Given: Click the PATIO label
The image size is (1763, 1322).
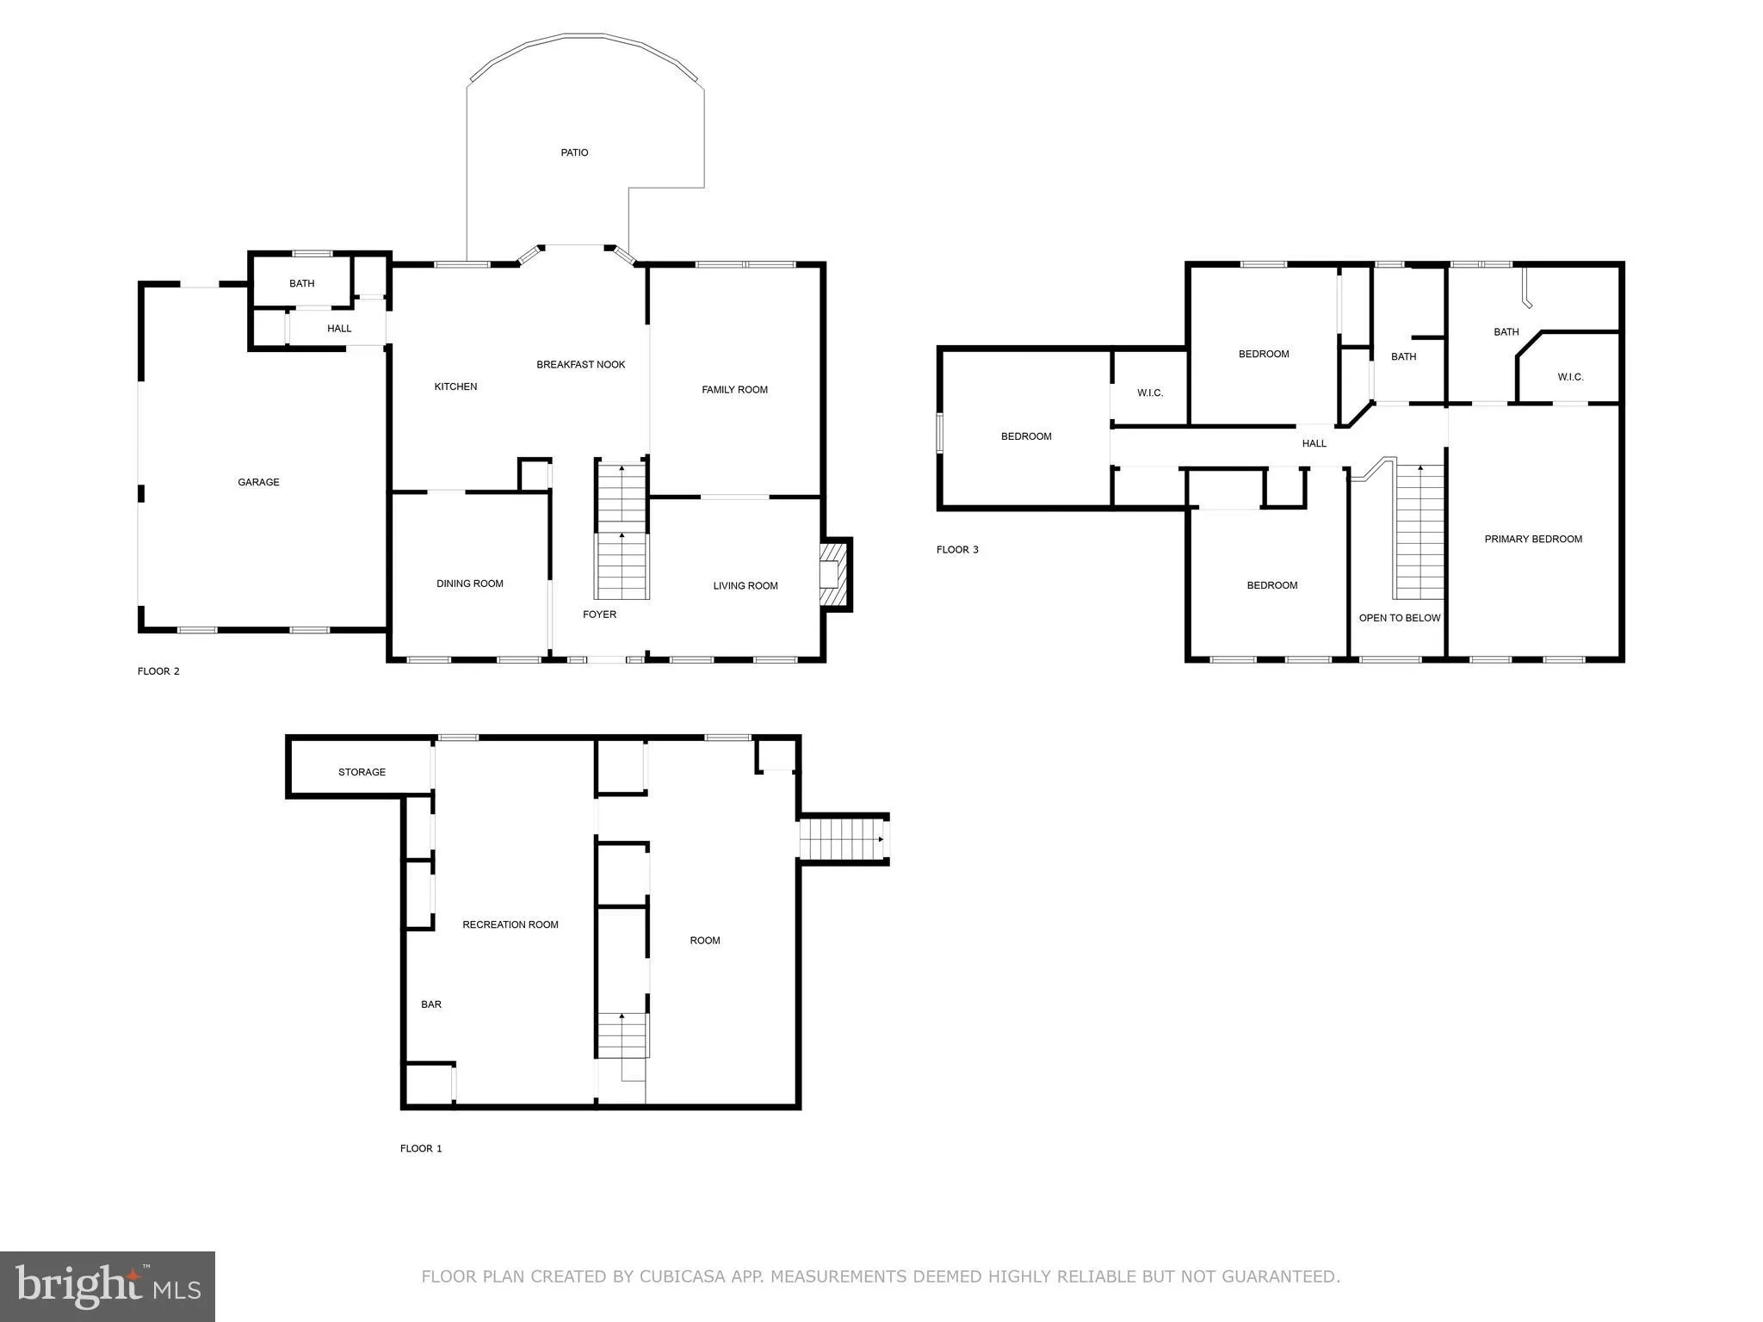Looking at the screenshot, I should click(x=574, y=152).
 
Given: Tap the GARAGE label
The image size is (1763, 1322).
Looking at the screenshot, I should click(x=258, y=482).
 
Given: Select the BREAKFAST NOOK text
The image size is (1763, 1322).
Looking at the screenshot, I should click(x=580, y=364).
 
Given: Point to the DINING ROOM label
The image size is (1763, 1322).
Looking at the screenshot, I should click(x=469, y=584).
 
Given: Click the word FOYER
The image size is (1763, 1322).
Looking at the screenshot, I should click(x=599, y=615).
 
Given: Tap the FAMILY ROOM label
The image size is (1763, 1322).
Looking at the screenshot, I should click(x=734, y=390).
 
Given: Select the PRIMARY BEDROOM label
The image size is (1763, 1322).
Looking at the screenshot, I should click(x=1532, y=540).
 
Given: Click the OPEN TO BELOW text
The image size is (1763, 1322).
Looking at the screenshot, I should click(x=1399, y=618).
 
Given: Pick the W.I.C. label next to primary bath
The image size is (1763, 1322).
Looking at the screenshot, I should click(x=1569, y=377).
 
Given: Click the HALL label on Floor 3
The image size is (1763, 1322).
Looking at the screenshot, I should click(x=1314, y=444).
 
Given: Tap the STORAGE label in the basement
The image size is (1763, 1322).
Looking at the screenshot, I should click(x=362, y=772).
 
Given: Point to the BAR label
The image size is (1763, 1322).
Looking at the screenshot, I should click(x=430, y=1004).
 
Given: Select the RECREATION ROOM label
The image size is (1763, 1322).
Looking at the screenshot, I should click(x=510, y=925).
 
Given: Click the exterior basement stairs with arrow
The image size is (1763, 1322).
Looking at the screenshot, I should click(x=843, y=838).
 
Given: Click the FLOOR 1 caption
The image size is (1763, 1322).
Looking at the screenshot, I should click(x=420, y=1148).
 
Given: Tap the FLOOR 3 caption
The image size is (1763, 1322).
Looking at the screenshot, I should click(x=956, y=550).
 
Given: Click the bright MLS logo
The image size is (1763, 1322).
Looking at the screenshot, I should click(x=107, y=1287).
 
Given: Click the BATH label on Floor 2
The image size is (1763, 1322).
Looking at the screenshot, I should click(x=301, y=283).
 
